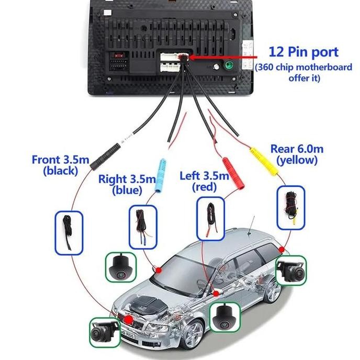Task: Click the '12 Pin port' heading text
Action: tap(303, 52)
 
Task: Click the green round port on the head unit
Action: tap(228, 66)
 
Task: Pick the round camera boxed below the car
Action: tap(225, 317)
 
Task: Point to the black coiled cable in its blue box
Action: tap(69, 232)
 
